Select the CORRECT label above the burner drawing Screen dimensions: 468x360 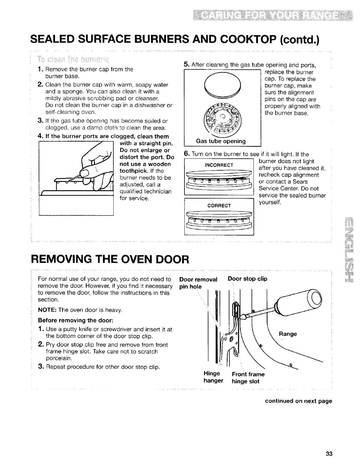[219, 206]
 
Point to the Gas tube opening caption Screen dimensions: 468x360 [220, 141]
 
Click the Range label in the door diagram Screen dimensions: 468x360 [287, 334]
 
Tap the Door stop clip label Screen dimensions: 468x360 [247, 279]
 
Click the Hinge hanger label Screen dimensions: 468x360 [213, 377]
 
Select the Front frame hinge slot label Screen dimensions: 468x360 [248, 378]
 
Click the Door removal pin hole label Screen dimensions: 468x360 [198, 283]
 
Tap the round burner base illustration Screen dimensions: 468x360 [223, 118]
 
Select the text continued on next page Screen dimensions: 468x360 [298, 401]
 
